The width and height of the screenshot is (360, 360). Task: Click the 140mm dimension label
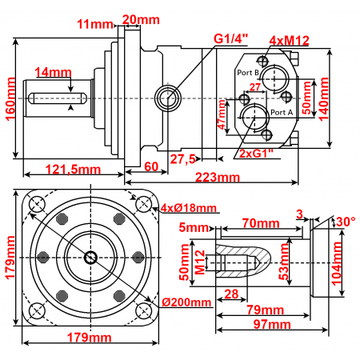[323, 97]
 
